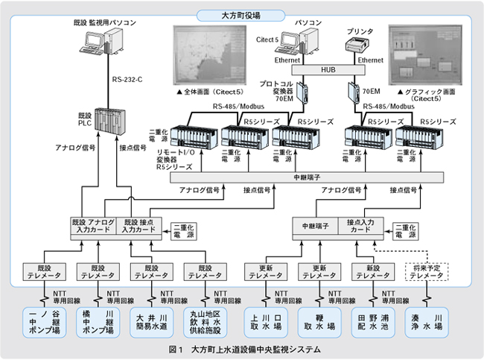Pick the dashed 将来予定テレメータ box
coord(427,271)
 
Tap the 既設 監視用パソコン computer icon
coord(95,45)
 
